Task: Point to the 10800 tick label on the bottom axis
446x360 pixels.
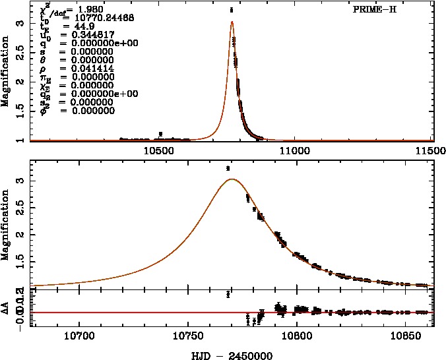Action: [x=296, y=336]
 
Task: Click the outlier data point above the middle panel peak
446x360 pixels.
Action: [x=228, y=168]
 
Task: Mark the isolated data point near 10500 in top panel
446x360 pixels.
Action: [x=160, y=134]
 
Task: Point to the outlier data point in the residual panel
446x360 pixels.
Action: [x=228, y=294]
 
